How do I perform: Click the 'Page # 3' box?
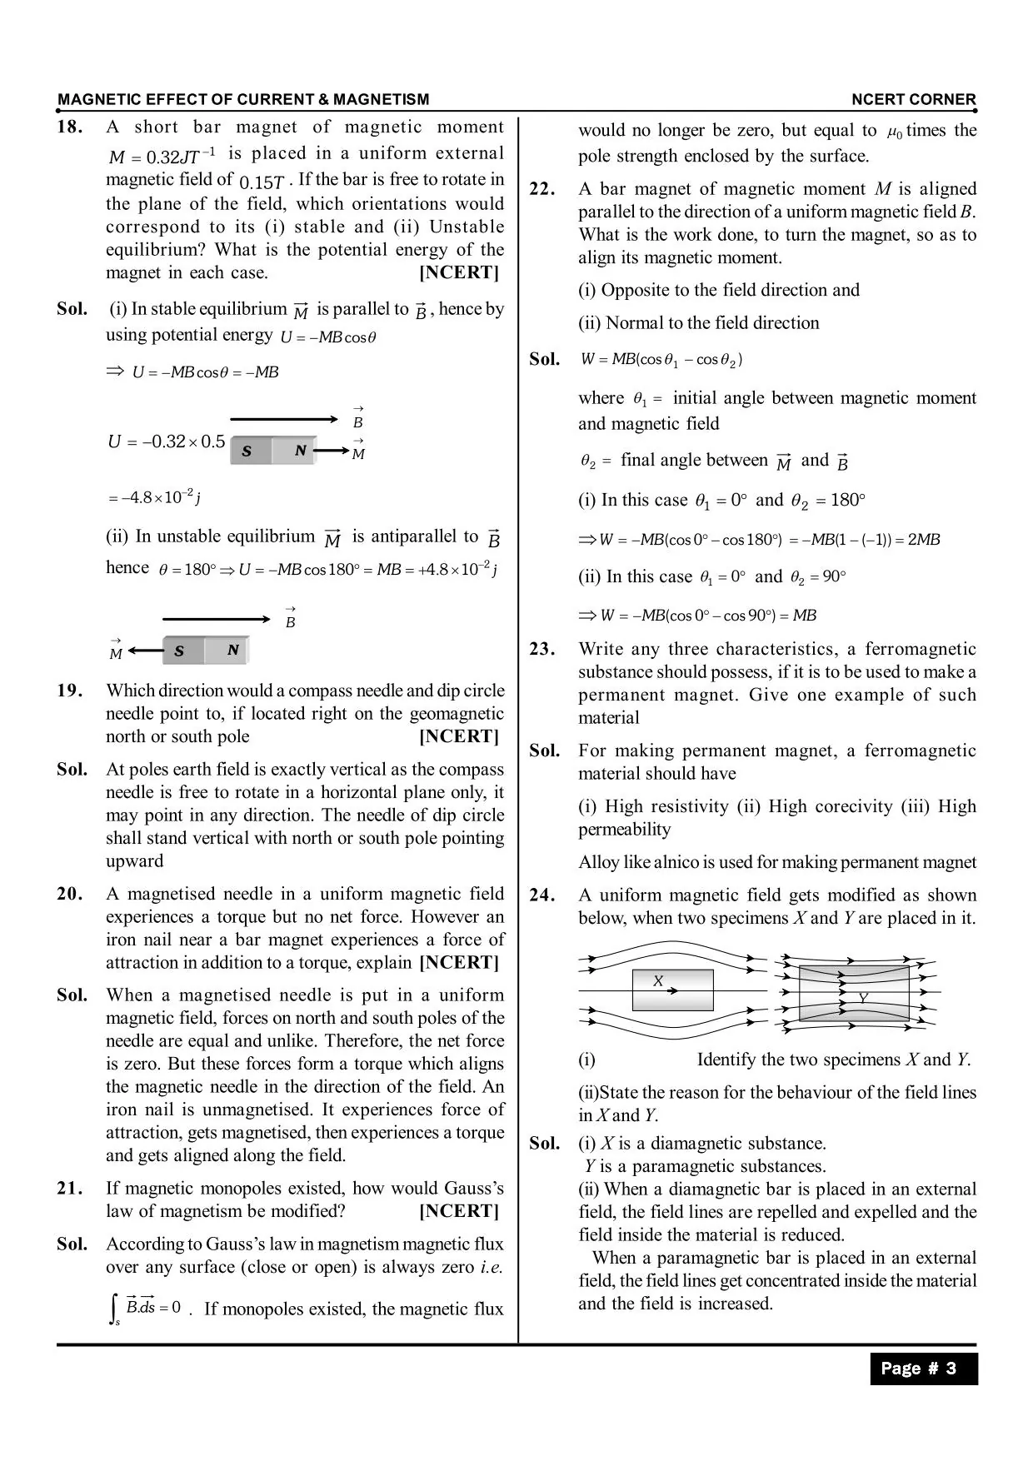923,1369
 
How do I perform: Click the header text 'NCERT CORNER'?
913,100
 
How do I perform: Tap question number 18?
70,127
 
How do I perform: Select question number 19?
70,691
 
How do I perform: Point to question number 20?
70,894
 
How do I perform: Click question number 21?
70,1189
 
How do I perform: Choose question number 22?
542,189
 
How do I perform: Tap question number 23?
542,649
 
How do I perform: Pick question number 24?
542,895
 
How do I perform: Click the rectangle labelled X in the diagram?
672,990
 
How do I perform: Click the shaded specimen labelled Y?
854,993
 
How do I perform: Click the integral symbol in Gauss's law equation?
114,1309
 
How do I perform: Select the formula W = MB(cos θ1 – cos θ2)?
661,360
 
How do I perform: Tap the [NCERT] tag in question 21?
459,1211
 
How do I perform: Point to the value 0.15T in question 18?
262,181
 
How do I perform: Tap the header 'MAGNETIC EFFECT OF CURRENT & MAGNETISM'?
243,100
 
